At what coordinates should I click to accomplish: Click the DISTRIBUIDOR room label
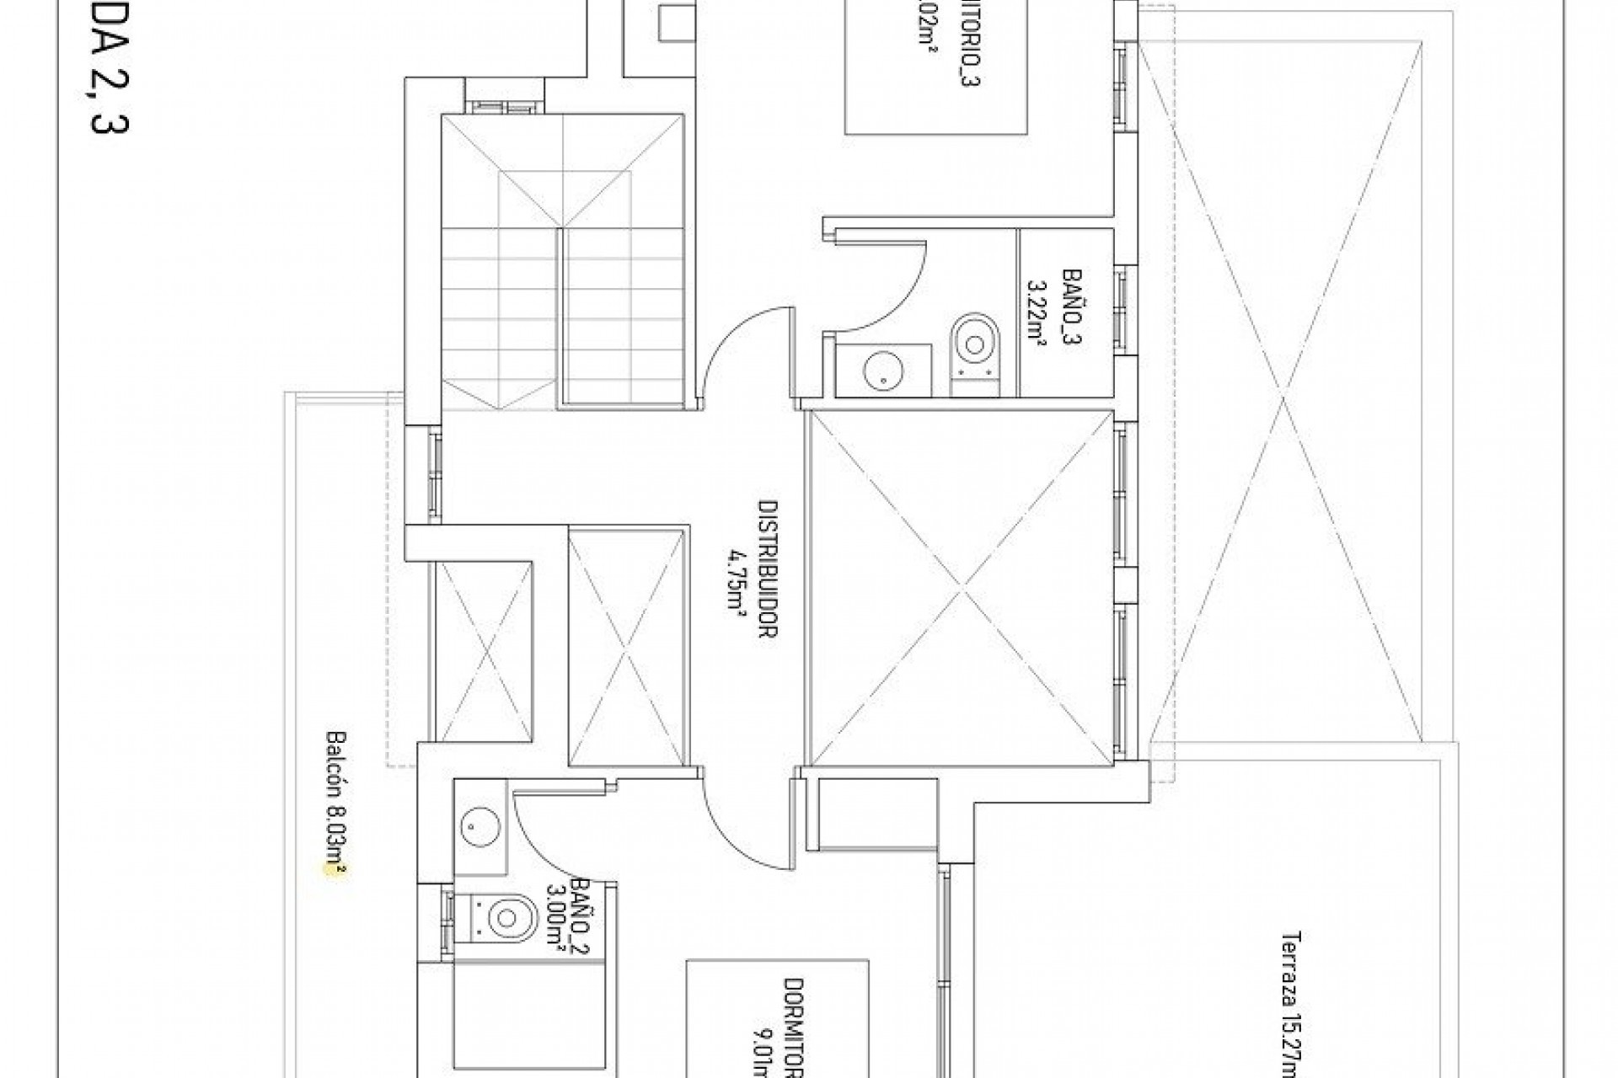click(x=766, y=571)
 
